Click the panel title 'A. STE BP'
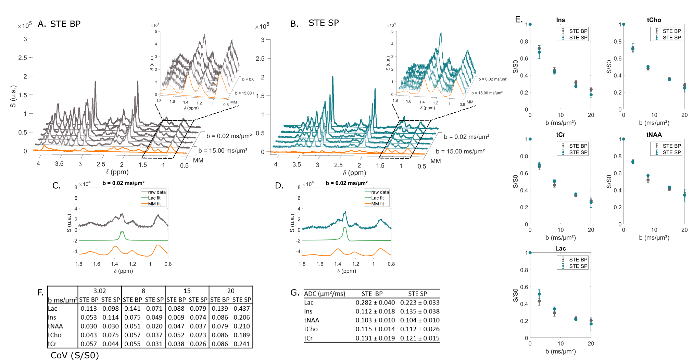[x=59, y=24]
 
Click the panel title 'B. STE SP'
[x=314, y=23]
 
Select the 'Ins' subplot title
[x=560, y=20]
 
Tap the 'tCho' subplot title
[x=654, y=20]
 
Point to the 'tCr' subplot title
[x=560, y=135]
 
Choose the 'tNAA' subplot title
[x=654, y=135]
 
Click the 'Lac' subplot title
[x=560, y=248]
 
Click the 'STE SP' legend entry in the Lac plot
[x=578, y=266]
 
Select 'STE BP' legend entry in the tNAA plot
[x=671, y=146]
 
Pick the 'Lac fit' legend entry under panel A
[x=154, y=198]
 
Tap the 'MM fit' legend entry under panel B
[x=377, y=204]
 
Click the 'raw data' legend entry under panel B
[x=380, y=192]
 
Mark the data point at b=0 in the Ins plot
[x=530, y=24]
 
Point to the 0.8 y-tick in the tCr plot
[x=524, y=156]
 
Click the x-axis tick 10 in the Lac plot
[x=560, y=344]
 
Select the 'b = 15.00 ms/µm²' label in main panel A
[x=223, y=151]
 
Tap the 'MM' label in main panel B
[x=436, y=161]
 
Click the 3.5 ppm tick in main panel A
[x=59, y=164]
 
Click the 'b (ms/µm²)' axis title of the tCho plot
[x=654, y=123]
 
